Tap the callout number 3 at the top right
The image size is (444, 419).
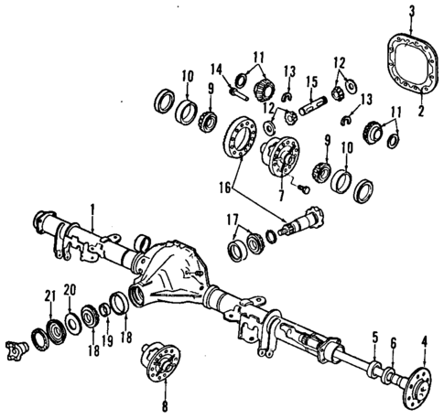click(x=411, y=10)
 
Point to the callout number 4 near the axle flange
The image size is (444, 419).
click(x=424, y=344)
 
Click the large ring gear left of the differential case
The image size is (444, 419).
click(x=242, y=138)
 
